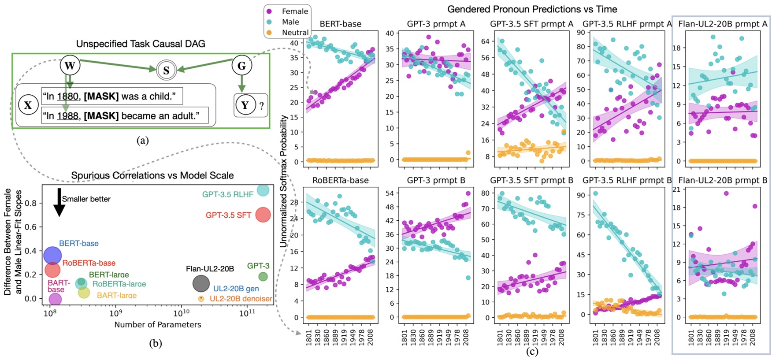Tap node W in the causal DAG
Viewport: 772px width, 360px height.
[x=70, y=66]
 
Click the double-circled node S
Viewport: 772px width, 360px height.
[x=166, y=70]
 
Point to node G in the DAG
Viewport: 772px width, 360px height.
[x=241, y=66]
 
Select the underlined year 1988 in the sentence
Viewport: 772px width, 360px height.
[x=67, y=116]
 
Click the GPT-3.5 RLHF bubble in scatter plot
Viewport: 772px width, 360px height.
[x=263, y=190]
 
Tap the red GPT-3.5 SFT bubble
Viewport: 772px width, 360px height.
[x=263, y=215]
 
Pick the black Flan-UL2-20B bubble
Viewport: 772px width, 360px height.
[x=201, y=283]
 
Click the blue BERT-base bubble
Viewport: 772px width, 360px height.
[x=52, y=255]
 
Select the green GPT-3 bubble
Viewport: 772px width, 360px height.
[x=263, y=277]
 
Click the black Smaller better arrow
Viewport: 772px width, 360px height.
[x=59, y=203]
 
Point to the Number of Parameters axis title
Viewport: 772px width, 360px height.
[x=158, y=325]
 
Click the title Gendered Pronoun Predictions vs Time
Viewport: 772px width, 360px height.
[x=532, y=9]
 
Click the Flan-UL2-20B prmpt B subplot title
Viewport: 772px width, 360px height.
[x=723, y=180]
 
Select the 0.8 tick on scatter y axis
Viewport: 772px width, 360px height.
[x=31, y=203]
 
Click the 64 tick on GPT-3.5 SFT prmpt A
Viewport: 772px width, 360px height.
[x=485, y=41]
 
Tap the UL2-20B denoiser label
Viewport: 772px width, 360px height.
[x=241, y=299]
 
